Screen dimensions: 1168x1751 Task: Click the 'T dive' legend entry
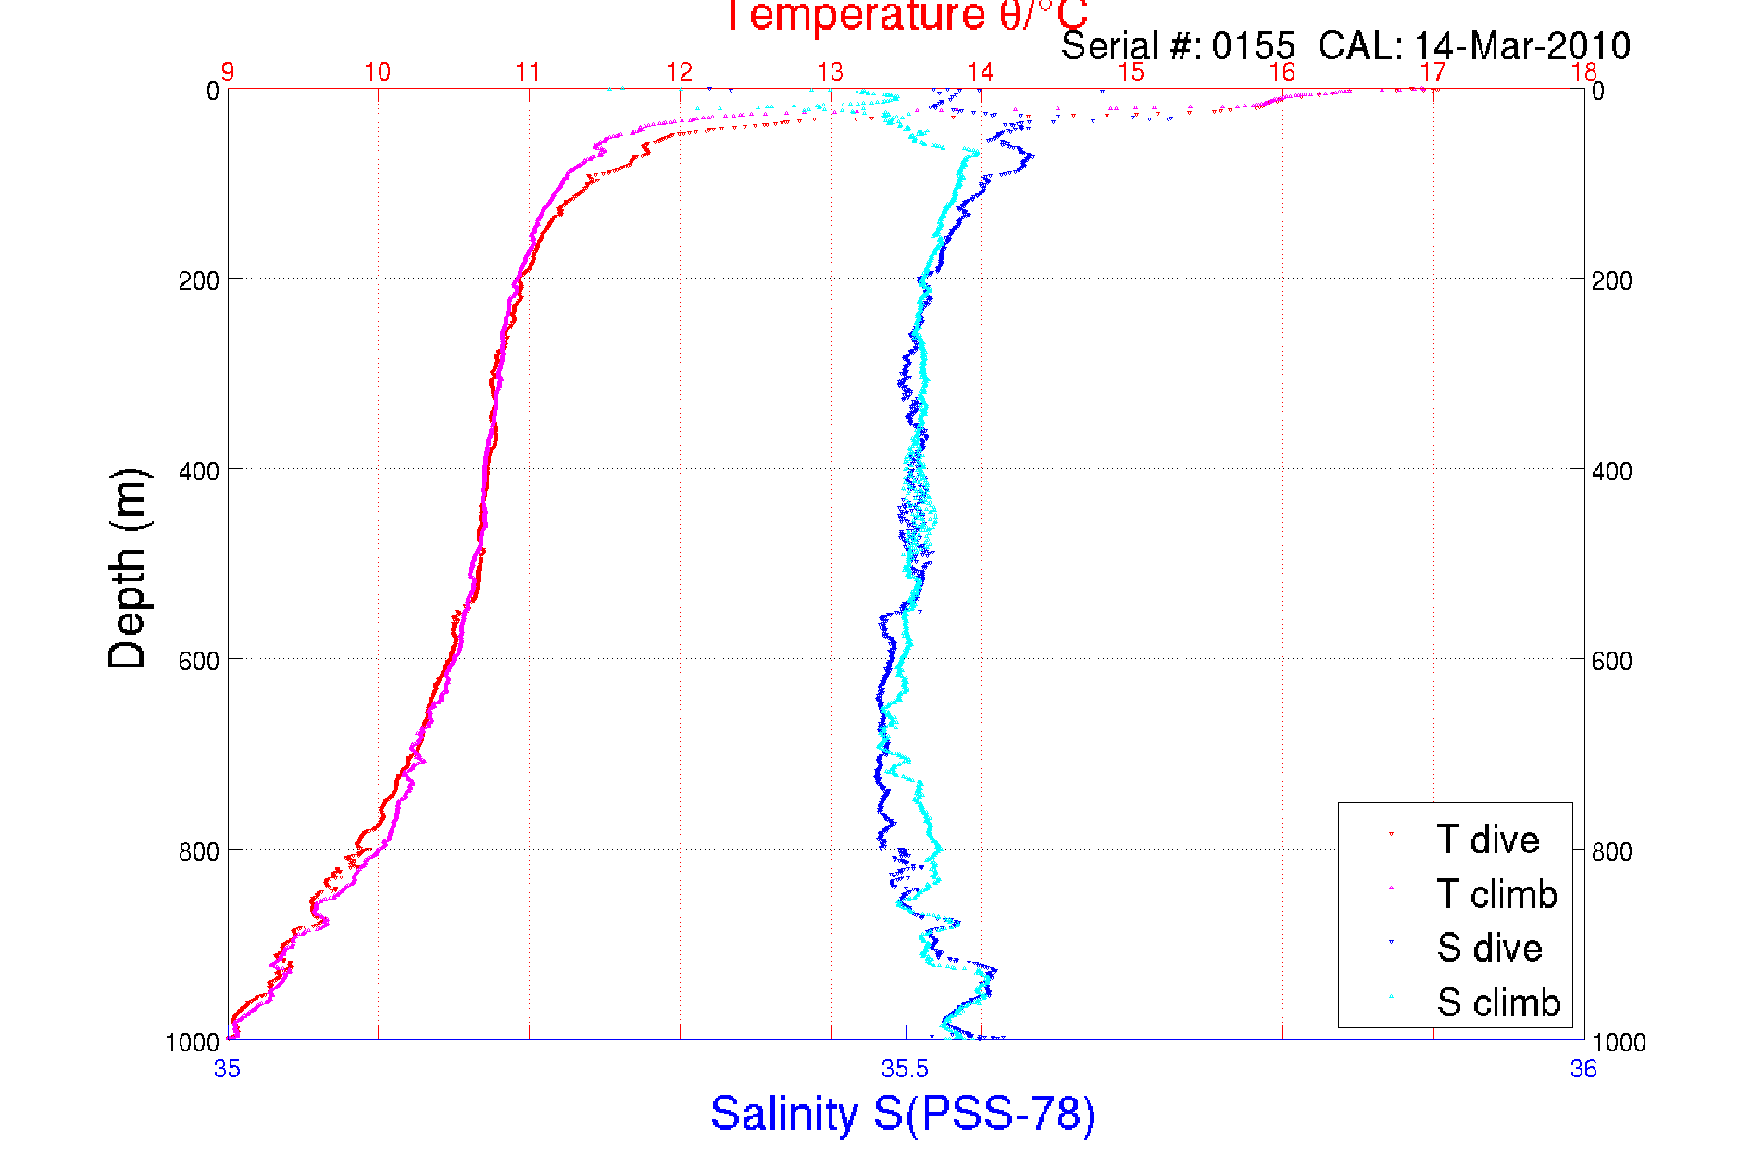pos(1487,839)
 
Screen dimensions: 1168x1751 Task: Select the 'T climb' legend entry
pos(1496,894)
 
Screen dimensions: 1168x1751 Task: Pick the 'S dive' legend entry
pos(1489,948)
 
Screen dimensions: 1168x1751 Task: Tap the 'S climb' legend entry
pos(1498,1002)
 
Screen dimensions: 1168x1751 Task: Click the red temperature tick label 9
pos(227,71)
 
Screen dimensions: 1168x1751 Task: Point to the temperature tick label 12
pos(680,71)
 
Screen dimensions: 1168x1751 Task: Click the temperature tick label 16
pos(1282,71)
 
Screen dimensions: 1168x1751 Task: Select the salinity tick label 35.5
pos(905,1070)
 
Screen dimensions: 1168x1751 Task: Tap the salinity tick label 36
pos(1583,1070)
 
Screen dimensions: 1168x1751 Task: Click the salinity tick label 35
pos(227,1070)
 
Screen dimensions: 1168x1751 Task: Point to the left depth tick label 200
pos(198,280)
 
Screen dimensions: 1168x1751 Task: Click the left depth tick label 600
pos(198,661)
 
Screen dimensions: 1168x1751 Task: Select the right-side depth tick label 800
pos(1612,851)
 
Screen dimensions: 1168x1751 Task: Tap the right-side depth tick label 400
pos(1612,471)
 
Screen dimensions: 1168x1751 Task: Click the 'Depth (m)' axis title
pos(128,569)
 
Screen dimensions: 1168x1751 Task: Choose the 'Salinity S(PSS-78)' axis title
pos(903,1113)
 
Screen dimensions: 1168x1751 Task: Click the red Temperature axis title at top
pos(905,16)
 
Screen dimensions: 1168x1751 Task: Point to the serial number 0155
pos(1254,45)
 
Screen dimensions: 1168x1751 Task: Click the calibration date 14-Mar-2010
pos(1522,45)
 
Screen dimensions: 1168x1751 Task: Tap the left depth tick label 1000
pos(192,1042)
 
